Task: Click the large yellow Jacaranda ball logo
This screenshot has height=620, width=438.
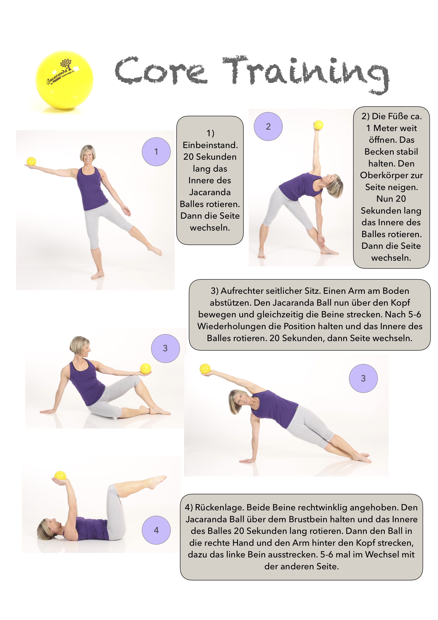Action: tap(64, 80)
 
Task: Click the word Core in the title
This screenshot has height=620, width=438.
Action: tap(161, 71)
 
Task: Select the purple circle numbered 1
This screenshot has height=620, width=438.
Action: tap(156, 152)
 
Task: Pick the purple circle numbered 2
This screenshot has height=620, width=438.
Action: tap(268, 126)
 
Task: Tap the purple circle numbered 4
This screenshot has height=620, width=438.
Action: tap(156, 530)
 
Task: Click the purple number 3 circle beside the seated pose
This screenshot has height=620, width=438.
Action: tap(165, 348)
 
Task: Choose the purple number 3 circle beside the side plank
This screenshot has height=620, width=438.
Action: tap(363, 378)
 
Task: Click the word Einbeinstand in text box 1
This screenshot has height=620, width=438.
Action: tap(210, 145)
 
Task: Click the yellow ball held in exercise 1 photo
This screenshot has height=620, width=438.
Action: tap(31, 161)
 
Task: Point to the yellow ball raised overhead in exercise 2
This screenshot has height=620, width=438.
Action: tap(318, 125)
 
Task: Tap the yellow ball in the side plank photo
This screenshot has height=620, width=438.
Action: tap(205, 369)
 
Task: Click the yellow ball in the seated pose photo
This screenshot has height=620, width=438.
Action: tap(146, 368)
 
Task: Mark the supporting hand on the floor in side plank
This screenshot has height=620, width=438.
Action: tap(247, 461)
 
